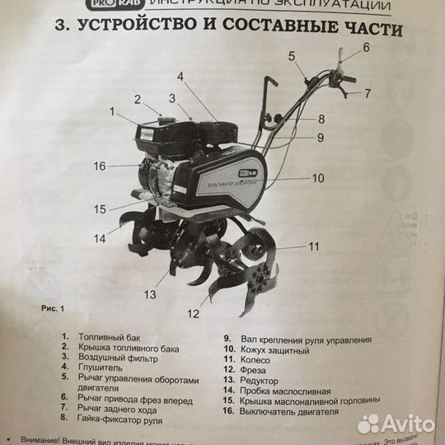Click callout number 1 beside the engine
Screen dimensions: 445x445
click(110, 110)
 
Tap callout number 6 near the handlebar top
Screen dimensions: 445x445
click(367, 48)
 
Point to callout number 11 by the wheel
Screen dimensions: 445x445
click(314, 246)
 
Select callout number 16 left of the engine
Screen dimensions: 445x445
click(100, 166)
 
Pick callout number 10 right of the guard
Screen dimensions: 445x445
click(319, 176)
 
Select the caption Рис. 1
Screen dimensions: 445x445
click(51, 308)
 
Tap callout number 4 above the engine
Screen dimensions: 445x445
click(180, 77)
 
